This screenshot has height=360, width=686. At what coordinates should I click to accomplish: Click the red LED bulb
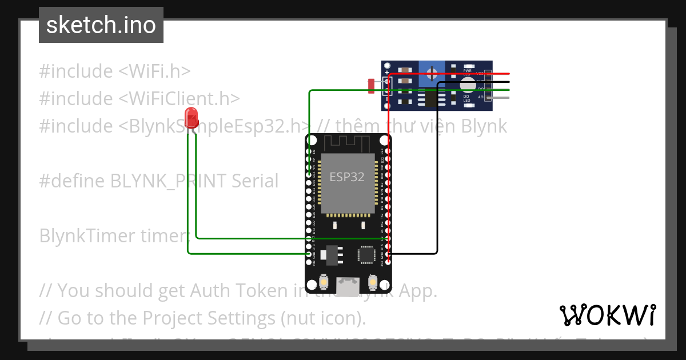coord(192,118)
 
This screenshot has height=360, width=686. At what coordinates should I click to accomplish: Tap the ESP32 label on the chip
coord(346,177)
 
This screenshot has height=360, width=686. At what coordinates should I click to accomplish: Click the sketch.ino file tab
coord(101,25)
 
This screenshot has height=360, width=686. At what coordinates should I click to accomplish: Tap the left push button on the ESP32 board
coord(323,282)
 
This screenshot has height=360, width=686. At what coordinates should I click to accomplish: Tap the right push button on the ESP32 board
coord(372,282)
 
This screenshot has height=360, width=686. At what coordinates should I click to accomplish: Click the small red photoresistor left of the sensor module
coord(372,86)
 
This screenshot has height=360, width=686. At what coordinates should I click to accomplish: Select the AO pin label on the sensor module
coord(481,98)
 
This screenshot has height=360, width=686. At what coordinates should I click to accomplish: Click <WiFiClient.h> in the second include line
coord(179,98)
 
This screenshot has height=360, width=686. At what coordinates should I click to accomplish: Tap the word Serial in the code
coord(255,181)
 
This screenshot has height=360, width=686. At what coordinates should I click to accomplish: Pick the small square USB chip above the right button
coord(366,255)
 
